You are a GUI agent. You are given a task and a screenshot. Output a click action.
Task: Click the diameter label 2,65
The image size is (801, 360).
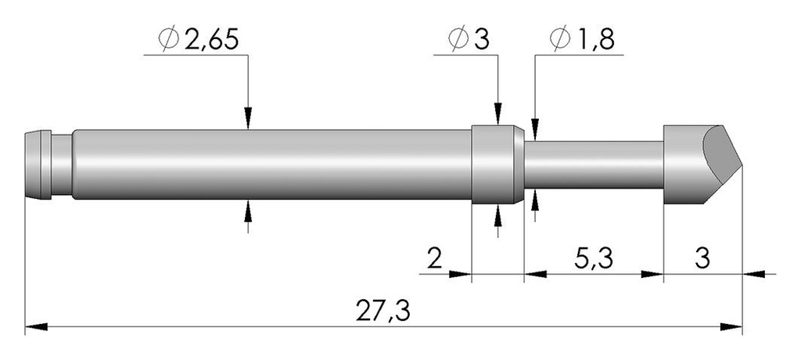[x=212, y=39]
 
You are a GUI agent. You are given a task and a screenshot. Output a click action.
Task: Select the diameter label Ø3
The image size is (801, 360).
[x=469, y=39]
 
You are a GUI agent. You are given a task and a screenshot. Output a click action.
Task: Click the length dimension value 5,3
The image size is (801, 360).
[x=594, y=259]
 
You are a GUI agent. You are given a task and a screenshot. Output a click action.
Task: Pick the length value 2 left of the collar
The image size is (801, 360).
[x=434, y=259]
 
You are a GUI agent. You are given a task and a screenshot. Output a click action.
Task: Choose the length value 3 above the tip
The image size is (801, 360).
[x=703, y=259]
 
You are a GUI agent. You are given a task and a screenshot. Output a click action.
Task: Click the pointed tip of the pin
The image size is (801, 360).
[x=742, y=165]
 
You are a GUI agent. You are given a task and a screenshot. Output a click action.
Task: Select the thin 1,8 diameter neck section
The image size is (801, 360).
[x=594, y=164]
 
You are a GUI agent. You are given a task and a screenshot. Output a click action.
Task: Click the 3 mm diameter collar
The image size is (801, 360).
[x=497, y=164]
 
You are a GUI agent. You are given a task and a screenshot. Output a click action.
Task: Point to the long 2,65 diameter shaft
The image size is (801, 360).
[x=271, y=164]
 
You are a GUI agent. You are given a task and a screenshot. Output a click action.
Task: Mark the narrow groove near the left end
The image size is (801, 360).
[x=61, y=164]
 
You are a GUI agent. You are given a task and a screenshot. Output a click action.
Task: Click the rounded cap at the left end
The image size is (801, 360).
[x=38, y=164]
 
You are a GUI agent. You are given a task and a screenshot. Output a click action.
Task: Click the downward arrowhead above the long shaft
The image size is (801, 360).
[x=248, y=118]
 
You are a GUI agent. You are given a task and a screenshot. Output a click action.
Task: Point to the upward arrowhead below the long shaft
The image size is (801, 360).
[x=248, y=211]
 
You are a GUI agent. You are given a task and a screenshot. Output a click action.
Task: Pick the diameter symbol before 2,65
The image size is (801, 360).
[x=169, y=39]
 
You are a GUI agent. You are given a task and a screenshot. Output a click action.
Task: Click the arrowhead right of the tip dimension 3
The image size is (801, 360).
[x=753, y=274]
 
